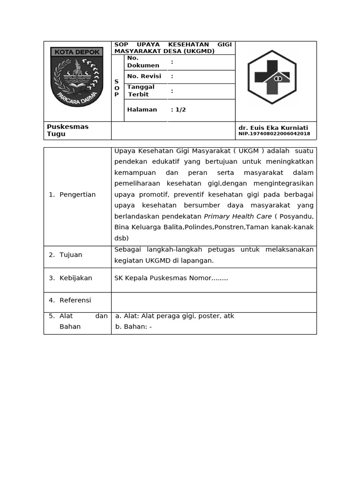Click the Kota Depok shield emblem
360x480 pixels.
[77, 76]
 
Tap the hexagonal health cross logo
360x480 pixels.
[272, 77]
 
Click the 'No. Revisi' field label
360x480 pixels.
[144, 76]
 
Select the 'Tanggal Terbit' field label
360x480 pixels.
[141, 90]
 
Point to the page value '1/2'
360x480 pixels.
[180, 110]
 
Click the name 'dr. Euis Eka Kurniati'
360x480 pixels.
[273, 127]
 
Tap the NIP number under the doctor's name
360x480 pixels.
[274, 134]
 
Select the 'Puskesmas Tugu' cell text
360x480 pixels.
[67, 130]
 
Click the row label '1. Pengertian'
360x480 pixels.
[72, 195]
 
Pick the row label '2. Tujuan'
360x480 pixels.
[66, 255]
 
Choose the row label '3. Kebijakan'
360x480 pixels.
[70, 278]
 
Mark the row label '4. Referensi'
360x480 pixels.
[70, 300]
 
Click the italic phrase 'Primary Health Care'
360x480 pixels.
[238, 217]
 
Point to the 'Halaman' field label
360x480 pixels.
[142, 110]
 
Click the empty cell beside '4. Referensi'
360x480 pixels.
[213, 302]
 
